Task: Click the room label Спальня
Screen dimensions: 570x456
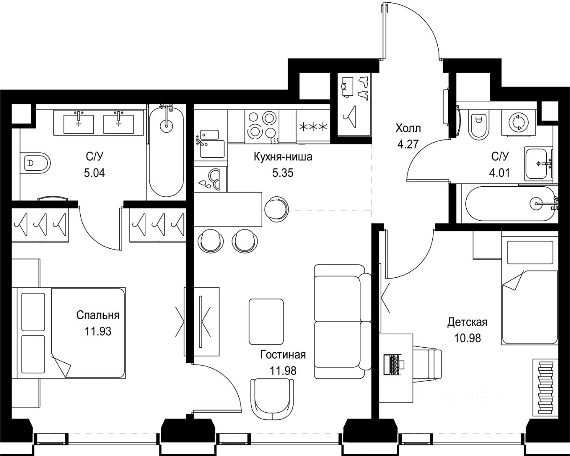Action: pos(98,316)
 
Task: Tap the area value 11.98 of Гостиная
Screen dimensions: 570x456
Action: pos(283,371)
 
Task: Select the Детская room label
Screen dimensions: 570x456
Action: pos(468,322)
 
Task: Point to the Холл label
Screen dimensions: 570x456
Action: pos(408,128)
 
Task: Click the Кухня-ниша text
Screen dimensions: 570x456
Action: pos(283,157)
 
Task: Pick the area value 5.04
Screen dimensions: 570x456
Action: pos(94,173)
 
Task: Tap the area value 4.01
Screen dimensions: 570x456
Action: pos(500,173)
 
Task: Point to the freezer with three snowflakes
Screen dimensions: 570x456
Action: pos(313,127)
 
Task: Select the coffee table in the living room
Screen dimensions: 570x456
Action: pos(266,321)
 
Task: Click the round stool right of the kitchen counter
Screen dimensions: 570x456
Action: pos(276,209)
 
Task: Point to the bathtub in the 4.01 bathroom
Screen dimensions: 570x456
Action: pos(510,204)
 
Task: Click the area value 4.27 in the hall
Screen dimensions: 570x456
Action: pos(408,144)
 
